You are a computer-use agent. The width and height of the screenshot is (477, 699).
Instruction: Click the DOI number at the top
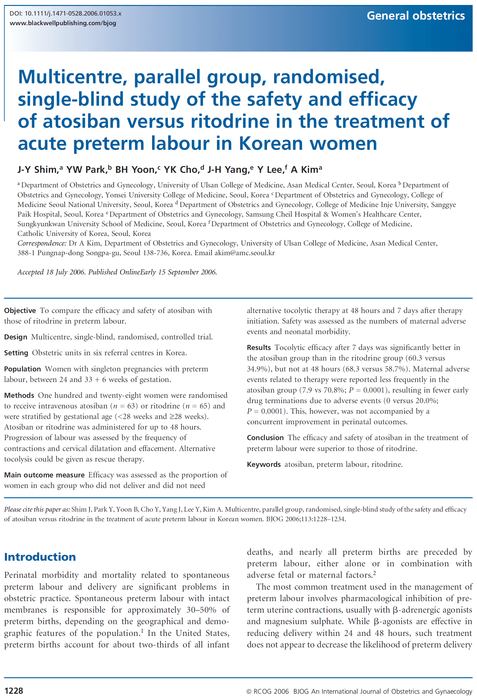[x=73, y=14]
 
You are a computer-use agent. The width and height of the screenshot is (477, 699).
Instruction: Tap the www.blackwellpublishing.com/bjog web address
[x=63, y=23]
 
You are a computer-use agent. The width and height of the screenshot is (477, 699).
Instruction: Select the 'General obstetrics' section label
[x=416, y=16]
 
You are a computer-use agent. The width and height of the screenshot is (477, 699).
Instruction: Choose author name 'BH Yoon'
[x=135, y=170]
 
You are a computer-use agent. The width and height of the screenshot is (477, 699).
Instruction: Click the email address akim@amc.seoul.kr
[x=244, y=253]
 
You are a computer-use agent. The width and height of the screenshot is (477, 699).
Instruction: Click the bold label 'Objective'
[x=20, y=311]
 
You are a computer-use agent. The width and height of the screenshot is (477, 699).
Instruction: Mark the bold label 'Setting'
[x=16, y=353]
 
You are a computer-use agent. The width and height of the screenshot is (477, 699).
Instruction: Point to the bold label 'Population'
[x=22, y=369]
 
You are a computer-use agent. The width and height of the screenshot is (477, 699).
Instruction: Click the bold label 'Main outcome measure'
[x=44, y=475]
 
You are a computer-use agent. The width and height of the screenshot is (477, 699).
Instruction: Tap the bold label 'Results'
[x=259, y=348]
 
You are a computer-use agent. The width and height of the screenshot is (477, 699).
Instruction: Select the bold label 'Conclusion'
[x=265, y=438]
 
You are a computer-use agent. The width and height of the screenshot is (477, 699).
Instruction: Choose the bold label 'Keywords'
[x=264, y=465]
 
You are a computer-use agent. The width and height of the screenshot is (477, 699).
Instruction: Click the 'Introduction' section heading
[x=40, y=557]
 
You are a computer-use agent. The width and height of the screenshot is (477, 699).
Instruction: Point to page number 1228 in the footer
[x=14, y=691]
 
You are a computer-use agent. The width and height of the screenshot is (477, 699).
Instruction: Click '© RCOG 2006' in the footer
[x=267, y=691]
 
